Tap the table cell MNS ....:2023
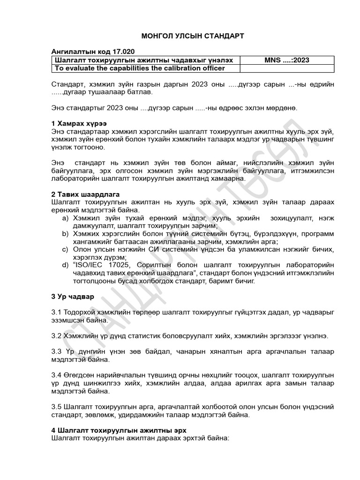click(287, 60)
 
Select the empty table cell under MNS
click(287, 68)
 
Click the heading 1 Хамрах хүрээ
click(75, 123)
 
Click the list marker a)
click(66, 218)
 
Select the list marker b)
click(66, 234)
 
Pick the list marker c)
click(66, 249)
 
